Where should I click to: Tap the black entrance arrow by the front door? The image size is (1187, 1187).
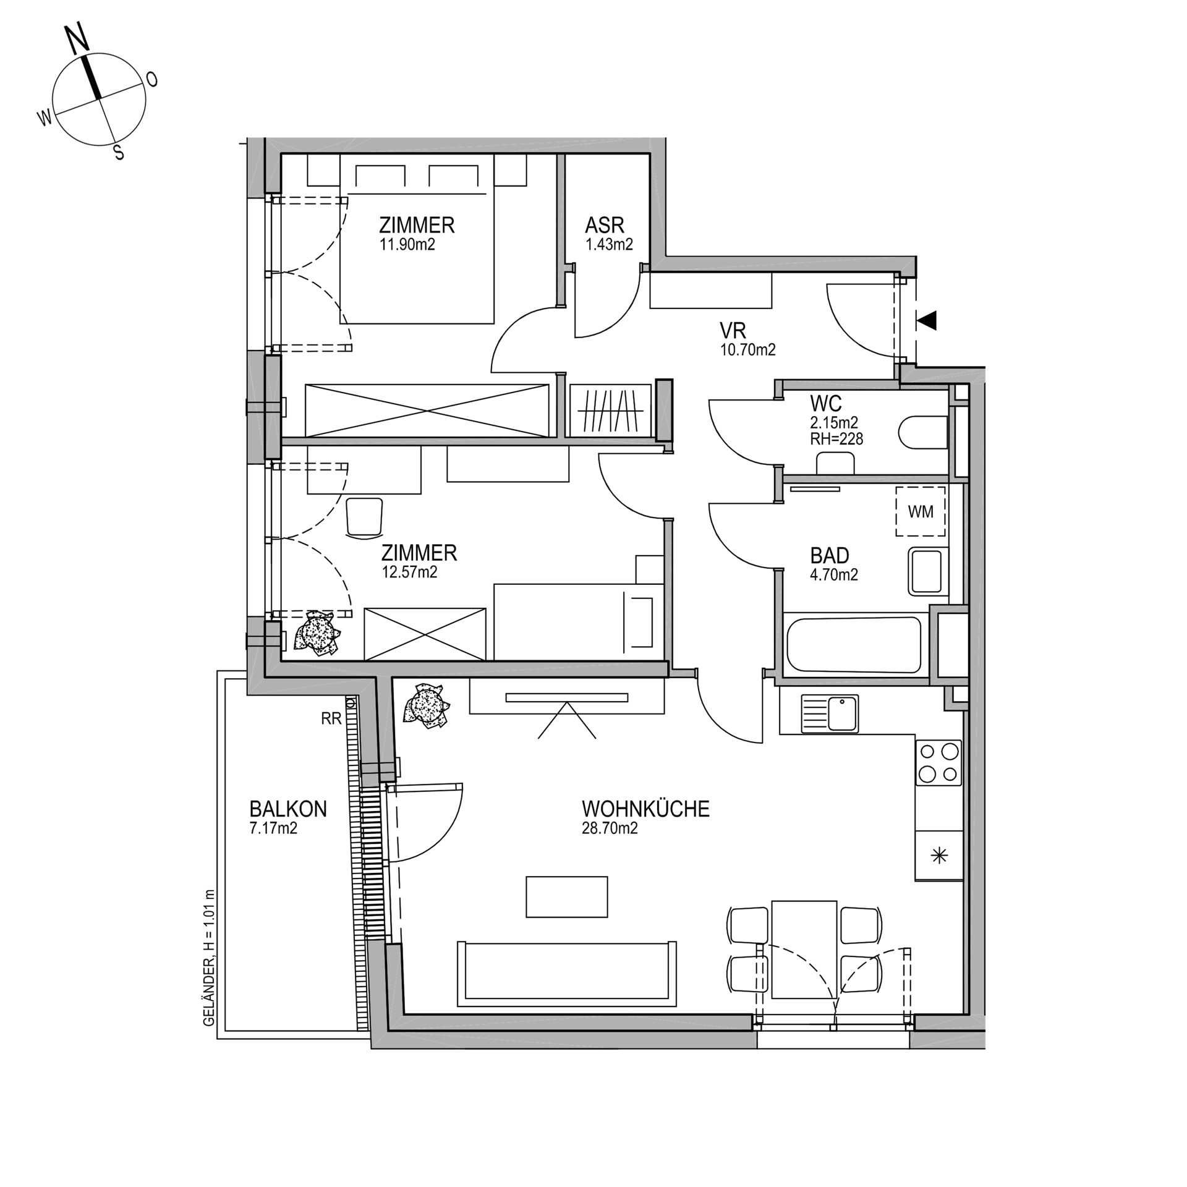coord(927,320)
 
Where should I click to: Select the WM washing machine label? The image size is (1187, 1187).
coord(921,512)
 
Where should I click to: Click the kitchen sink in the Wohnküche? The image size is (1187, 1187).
coord(830,714)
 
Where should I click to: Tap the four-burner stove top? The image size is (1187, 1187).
coord(938,763)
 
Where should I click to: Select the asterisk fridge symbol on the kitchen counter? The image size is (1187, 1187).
coord(939,856)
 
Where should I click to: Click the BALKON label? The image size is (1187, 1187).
coord(288,809)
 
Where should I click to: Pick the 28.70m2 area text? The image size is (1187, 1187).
coord(610,828)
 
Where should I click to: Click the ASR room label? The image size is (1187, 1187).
coord(605,225)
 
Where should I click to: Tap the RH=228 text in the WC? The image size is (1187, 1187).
coord(836,439)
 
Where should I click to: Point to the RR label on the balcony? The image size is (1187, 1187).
coord(331,718)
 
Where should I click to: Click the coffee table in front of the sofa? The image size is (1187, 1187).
coord(567,896)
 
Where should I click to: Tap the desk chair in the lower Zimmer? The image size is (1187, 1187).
coord(364,516)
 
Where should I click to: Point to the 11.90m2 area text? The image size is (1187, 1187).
coord(407,244)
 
